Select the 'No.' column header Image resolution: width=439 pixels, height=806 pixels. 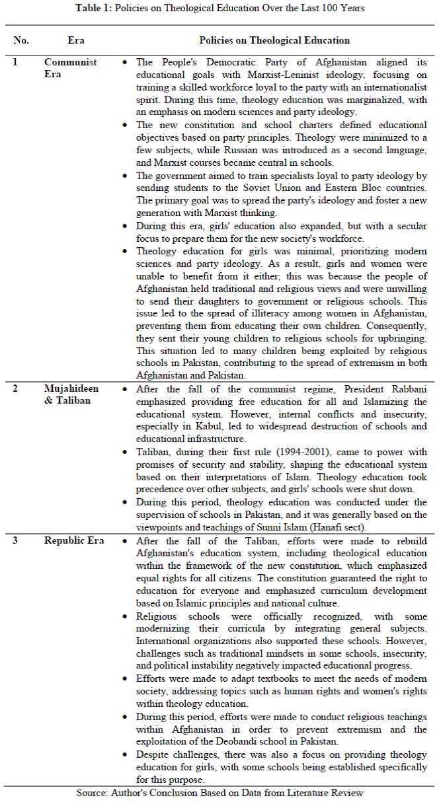coord(21,40)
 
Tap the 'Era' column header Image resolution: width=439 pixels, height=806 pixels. coord(76,40)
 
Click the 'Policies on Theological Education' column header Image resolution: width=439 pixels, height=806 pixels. coord(274,40)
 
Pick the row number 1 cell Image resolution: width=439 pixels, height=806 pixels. coord(16,62)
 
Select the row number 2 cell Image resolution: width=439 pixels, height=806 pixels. coord(16,388)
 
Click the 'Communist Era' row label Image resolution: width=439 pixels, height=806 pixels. coord(71,68)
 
